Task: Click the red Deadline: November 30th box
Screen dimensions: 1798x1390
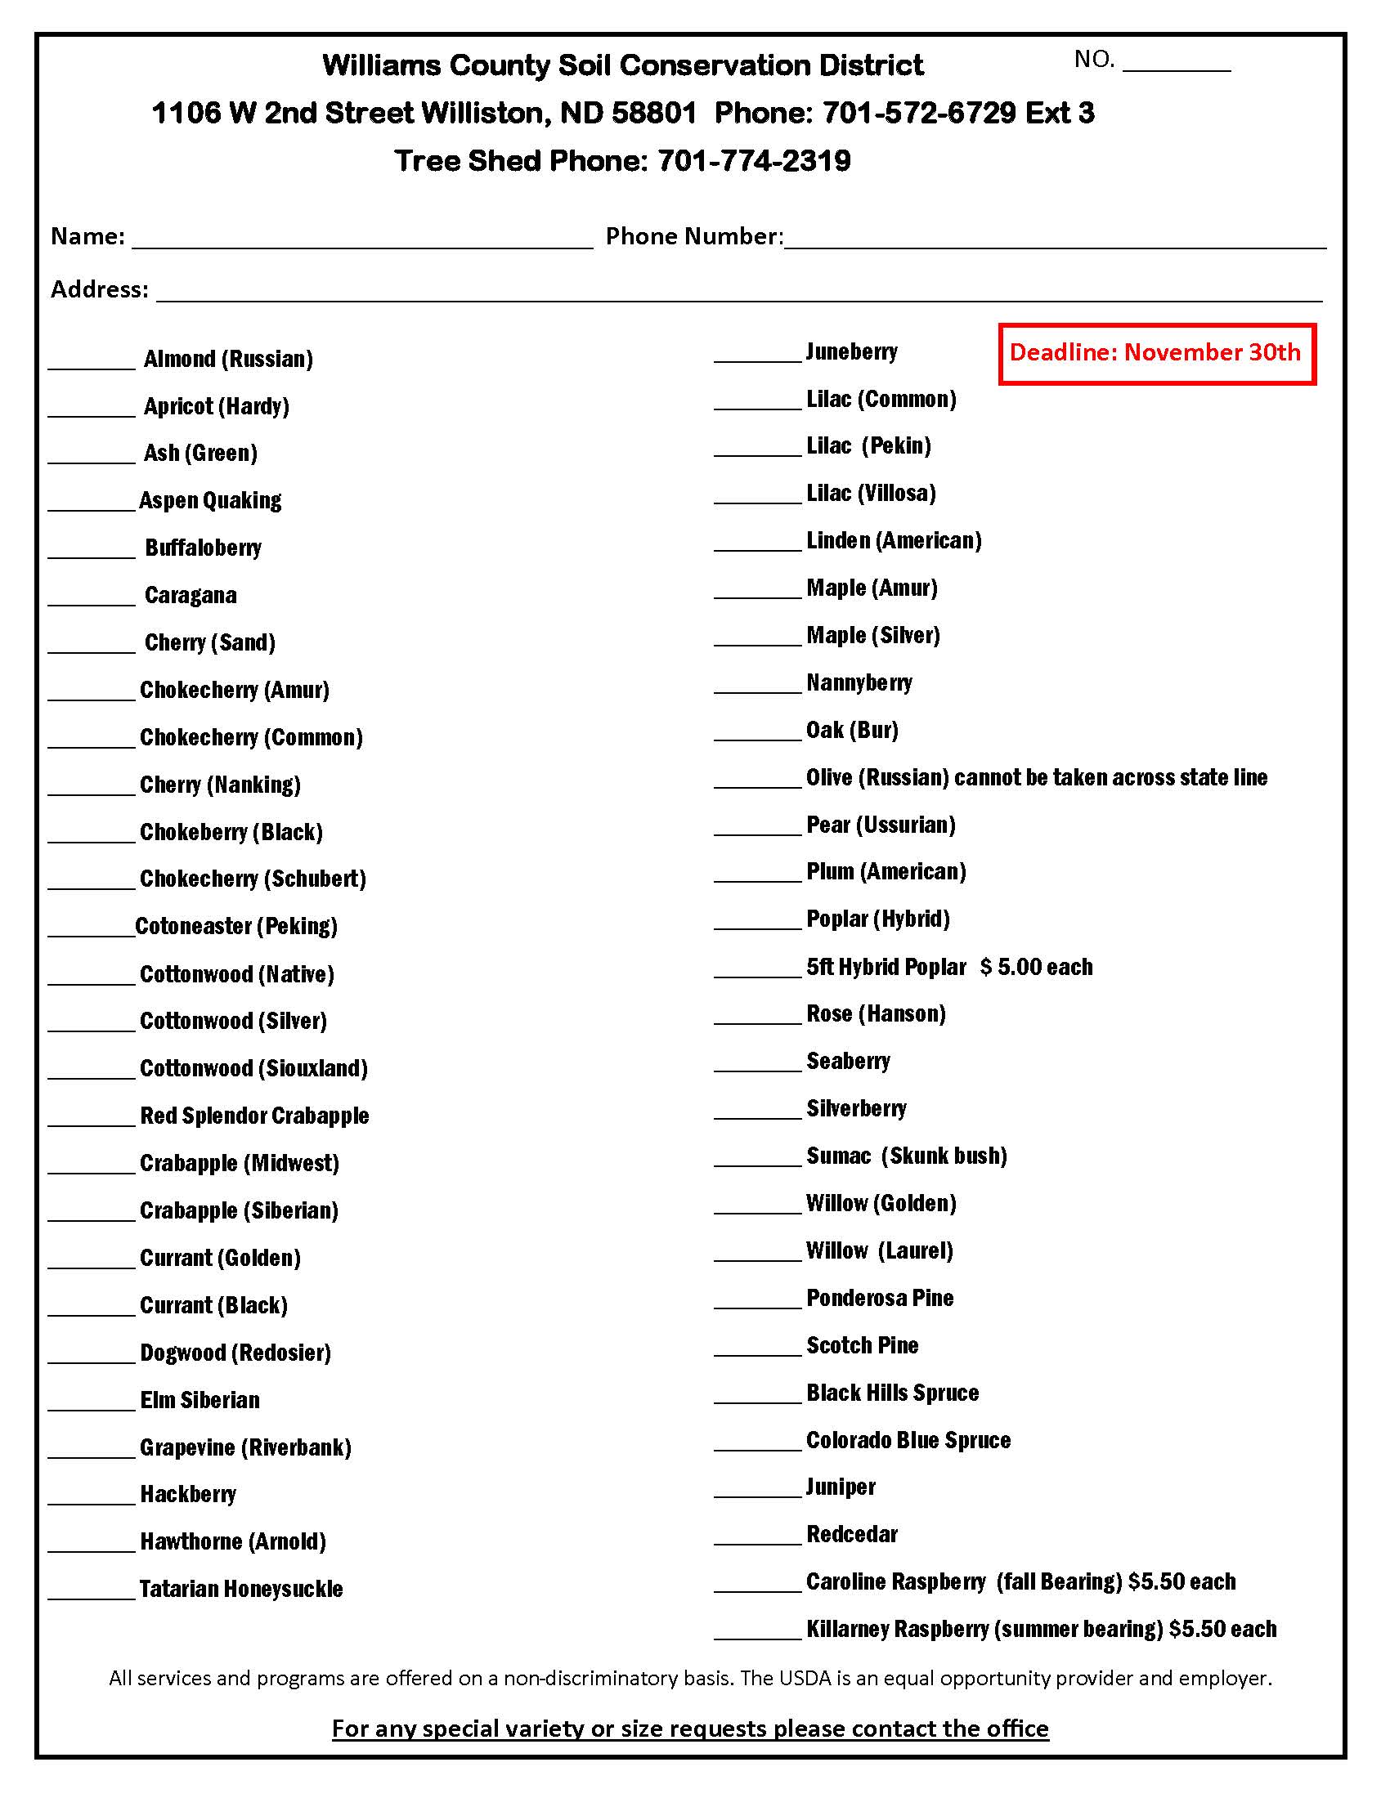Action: click(1156, 353)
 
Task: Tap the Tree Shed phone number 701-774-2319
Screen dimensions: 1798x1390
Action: click(754, 160)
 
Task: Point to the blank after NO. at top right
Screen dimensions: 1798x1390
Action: click(1176, 65)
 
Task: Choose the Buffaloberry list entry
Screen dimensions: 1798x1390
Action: click(203, 548)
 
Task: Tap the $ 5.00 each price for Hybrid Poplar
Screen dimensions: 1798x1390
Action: click(1036, 968)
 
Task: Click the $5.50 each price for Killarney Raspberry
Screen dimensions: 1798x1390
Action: click(1222, 1629)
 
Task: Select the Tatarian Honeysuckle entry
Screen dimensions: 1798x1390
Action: click(240, 1589)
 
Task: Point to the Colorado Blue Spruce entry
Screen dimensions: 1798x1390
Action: click(908, 1441)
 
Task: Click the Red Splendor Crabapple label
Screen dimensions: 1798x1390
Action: click(254, 1116)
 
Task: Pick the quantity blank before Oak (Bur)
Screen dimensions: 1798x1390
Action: click(757, 735)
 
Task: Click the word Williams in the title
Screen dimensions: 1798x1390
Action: click(380, 65)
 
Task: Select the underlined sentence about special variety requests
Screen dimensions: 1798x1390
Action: click(690, 1728)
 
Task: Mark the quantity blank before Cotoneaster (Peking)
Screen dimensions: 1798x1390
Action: click(92, 930)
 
